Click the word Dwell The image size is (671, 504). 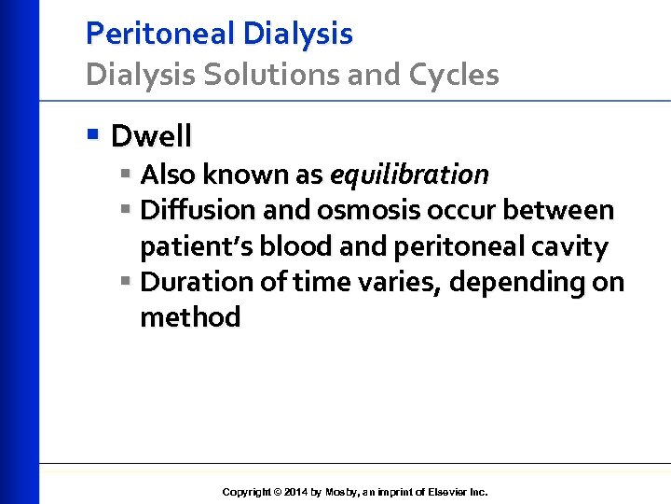pyautogui.click(x=151, y=136)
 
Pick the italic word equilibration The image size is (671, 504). pyautogui.click(x=409, y=175)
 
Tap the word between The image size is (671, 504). pyautogui.click(x=558, y=211)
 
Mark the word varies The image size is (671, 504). pyautogui.click(x=395, y=282)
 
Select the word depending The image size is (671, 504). pyautogui.click(x=513, y=282)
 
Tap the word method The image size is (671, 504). pyautogui.click(x=190, y=317)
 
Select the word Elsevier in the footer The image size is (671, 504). pyautogui.click(x=443, y=492)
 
